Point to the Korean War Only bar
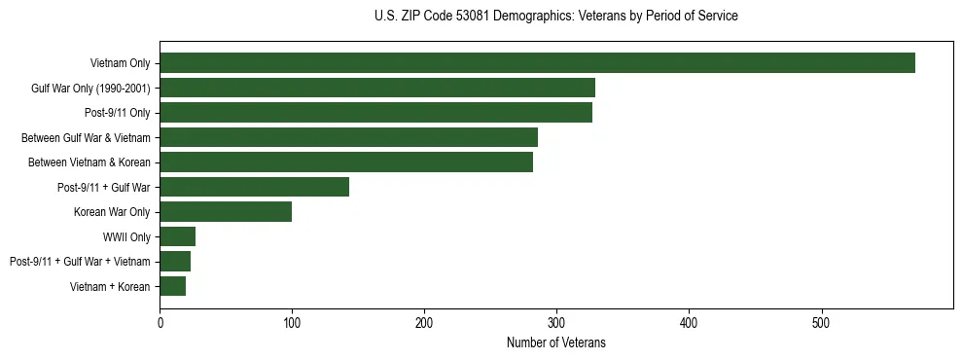(226, 212)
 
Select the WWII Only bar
(177, 236)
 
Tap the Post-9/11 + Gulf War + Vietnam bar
(175, 262)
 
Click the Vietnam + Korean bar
(172, 286)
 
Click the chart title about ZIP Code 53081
(555, 17)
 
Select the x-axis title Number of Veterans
(555, 342)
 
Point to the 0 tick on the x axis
(160, 322)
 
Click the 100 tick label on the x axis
(292, 322)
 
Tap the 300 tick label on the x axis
(556, 322)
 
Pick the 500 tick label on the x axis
(821, 322)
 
